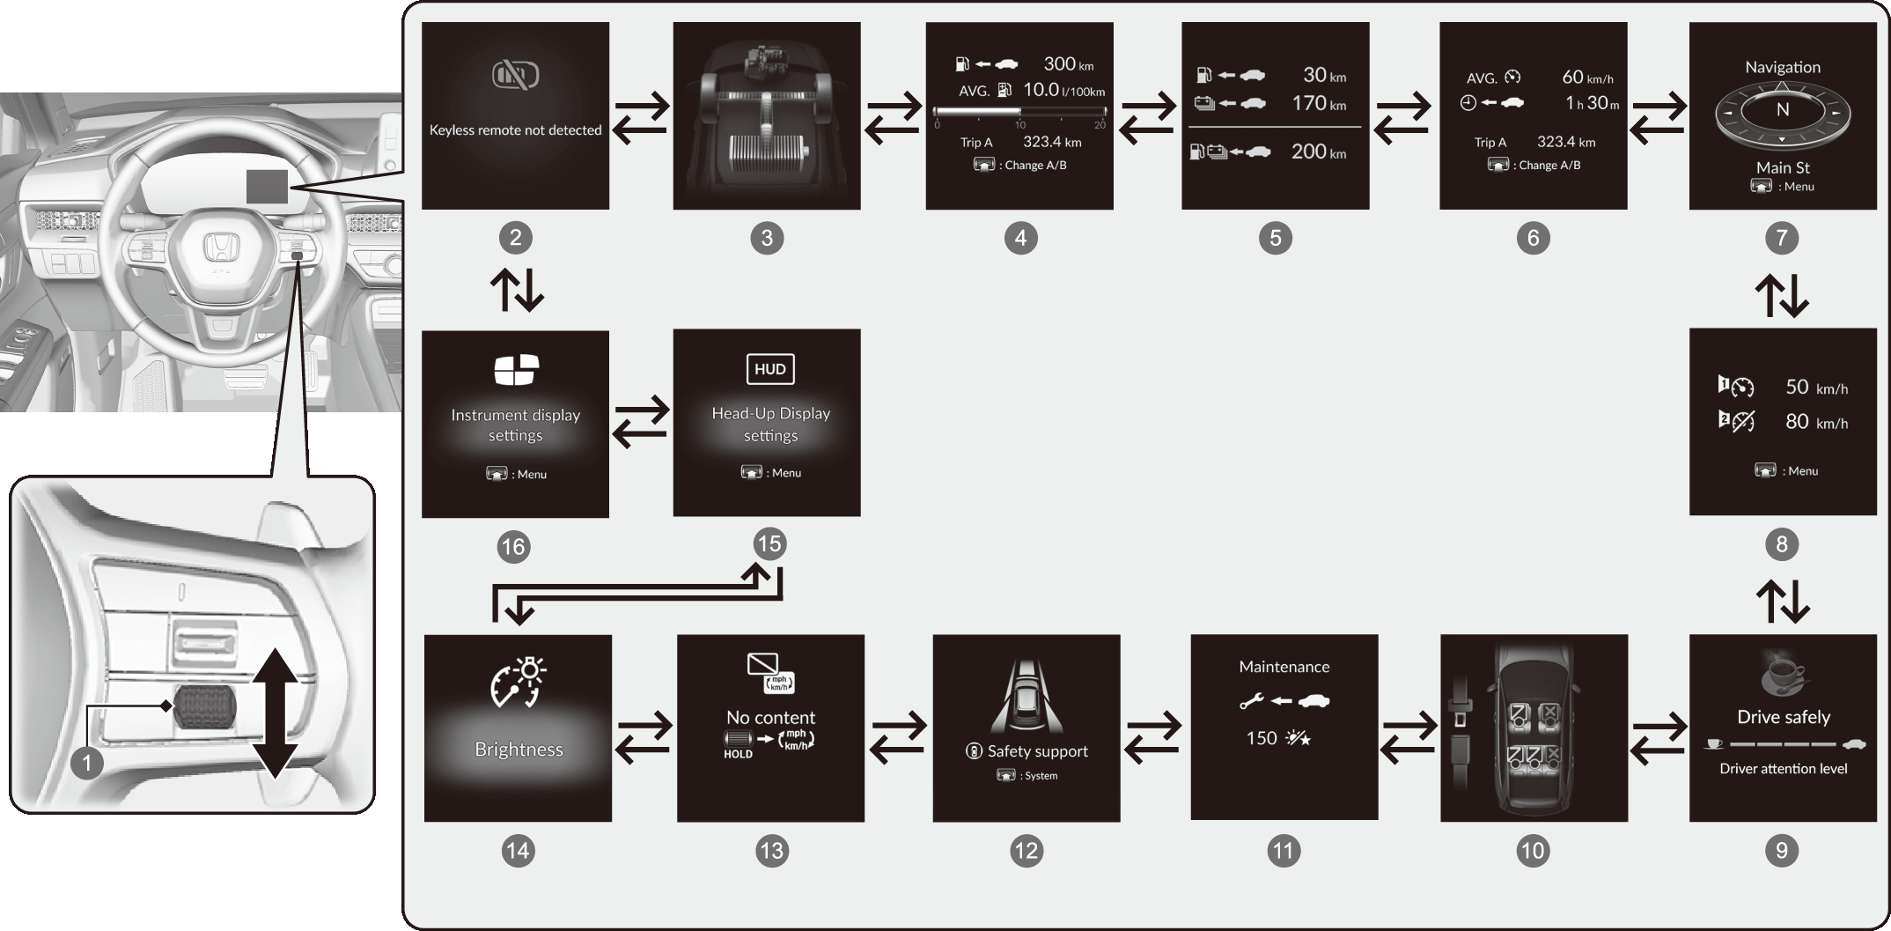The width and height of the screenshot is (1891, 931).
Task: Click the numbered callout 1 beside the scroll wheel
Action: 86,763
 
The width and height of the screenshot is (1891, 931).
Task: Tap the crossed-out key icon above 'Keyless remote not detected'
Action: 515,76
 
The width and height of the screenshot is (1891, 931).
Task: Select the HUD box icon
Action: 769,369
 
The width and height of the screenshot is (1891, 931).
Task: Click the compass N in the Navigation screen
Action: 1782,110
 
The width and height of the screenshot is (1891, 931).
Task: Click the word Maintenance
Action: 1284,667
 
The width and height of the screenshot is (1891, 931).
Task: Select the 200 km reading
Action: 1318,151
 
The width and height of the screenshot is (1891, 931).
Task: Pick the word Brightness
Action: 519,750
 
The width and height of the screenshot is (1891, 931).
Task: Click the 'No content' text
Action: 770,717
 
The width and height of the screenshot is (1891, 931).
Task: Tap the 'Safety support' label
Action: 1036,751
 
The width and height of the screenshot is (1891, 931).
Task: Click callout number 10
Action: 1532,851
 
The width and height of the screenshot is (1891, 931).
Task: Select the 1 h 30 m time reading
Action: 1591,103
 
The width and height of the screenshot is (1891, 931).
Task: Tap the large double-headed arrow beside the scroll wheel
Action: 276,713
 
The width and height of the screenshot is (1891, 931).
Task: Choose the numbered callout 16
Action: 512,547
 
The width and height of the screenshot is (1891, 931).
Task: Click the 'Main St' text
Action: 1783,167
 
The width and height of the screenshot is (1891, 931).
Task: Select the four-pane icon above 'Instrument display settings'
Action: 516,370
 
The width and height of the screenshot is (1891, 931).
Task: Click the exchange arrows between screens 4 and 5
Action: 1147,118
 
